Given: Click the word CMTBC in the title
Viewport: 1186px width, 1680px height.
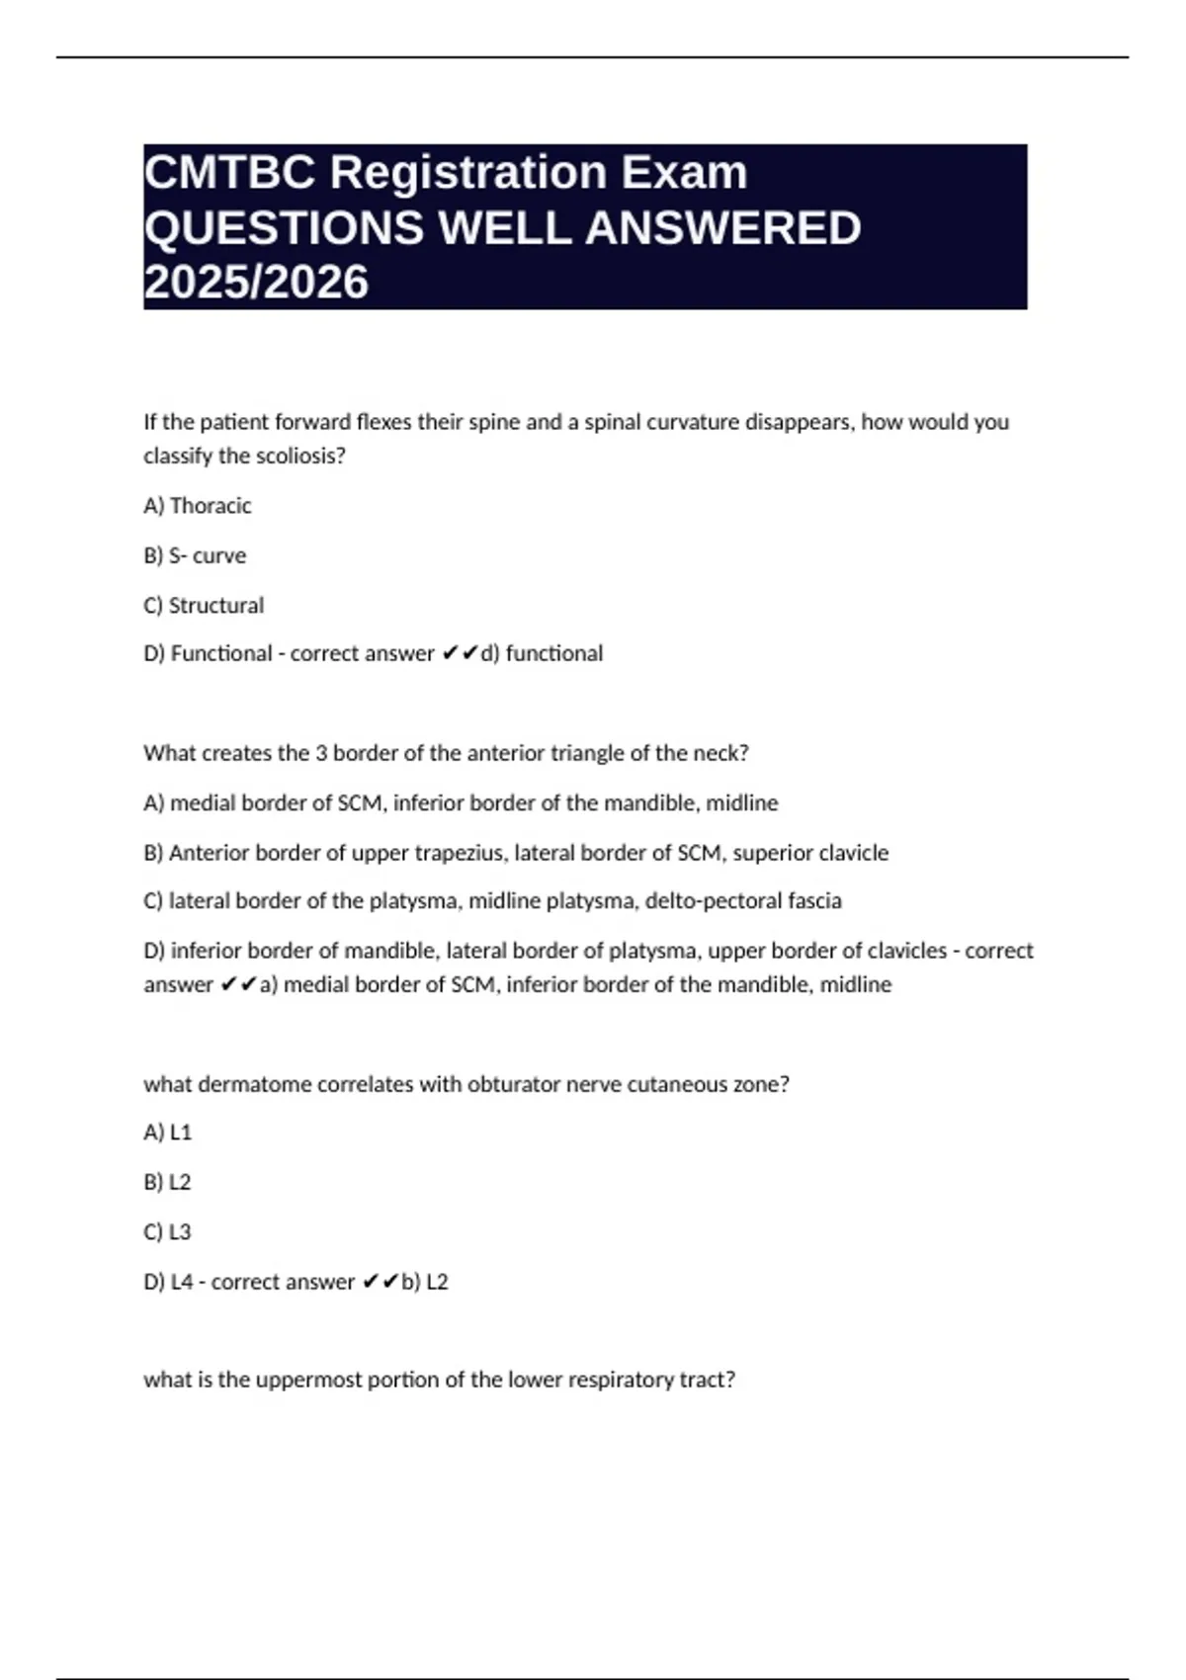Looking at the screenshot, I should [x=231, y=173].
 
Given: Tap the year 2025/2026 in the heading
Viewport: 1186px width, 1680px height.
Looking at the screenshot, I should [x=256, y=283].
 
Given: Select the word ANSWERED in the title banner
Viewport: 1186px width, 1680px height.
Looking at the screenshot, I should [x=723, y=228].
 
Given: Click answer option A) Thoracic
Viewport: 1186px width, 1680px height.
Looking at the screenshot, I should [x=198, y=506].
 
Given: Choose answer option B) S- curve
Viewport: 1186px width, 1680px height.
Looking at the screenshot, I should [x=195, y=555].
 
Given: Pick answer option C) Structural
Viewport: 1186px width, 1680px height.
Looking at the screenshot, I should [x=204, y=605].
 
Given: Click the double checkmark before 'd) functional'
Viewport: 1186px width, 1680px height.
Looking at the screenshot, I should [x=460, y=653].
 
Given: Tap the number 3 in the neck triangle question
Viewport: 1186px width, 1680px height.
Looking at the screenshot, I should [x=321, y=753].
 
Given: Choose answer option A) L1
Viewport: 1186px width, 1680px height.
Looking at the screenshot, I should [x=168, y=1133].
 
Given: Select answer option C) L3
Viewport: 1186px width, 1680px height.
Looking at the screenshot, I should [x=168, y=1232].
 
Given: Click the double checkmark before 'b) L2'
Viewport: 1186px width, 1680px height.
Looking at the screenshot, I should [x=381, y=1282].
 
